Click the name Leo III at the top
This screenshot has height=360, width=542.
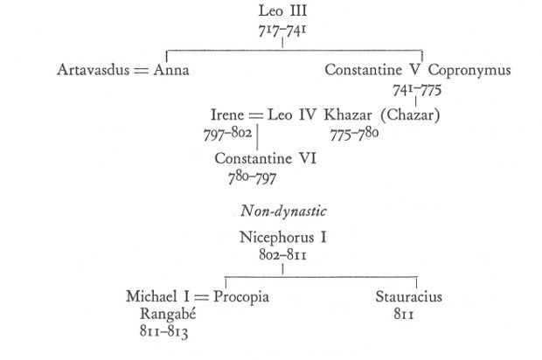282,10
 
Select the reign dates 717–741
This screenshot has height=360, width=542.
282,31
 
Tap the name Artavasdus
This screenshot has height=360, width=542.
94,70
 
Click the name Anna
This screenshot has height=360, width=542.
171,70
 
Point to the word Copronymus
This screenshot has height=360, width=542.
469,70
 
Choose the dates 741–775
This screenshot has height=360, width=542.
417,90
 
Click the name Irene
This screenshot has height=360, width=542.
227,114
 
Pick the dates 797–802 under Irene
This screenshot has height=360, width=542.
228,134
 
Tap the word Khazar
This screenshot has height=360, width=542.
348,114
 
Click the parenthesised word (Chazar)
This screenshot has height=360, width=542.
410,115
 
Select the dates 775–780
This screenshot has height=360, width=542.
354,134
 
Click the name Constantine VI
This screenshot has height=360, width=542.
266,158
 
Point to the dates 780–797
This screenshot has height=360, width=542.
252,178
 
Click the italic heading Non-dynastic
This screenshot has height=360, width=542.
283,211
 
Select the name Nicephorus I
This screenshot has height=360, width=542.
282,238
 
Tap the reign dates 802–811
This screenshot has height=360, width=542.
282,255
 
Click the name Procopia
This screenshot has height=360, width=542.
241,297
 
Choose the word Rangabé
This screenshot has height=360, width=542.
168,314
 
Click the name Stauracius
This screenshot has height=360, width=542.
409,297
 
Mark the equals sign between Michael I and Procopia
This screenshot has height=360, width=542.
202,297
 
